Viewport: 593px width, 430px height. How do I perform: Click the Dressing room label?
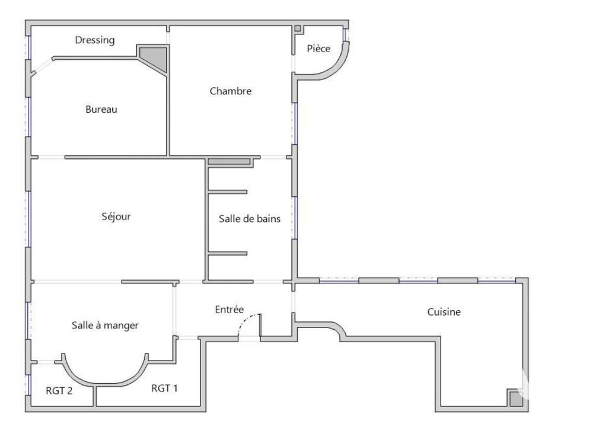click(x=95, y=40)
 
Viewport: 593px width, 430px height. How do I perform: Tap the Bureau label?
click(x=101, y=109)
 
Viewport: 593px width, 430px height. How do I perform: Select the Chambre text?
click(x=231, y=91)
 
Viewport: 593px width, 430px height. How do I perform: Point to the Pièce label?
click(x=318, y=49)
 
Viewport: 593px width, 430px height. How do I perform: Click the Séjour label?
click(x=116, y=216)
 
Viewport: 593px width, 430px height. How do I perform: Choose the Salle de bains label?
click(x=250, y=218)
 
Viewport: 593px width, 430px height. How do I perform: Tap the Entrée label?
click(x=229, y=309)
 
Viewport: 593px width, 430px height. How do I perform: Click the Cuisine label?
click(x=444, y=311)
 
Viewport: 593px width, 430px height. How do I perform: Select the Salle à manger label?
click(x=105, y=325)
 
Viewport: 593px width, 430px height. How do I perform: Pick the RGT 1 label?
click(x=165, y=388)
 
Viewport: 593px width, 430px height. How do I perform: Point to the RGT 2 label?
click(x=59, y=391)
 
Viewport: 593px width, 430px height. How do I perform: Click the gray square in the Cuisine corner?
click(x=516, y=398)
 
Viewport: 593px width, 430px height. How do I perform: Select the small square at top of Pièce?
click(x=298, y=28)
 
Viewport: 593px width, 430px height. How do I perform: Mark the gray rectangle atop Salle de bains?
click(x=229, y=161)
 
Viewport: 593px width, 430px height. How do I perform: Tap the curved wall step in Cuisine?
click(x=337, y=329)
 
